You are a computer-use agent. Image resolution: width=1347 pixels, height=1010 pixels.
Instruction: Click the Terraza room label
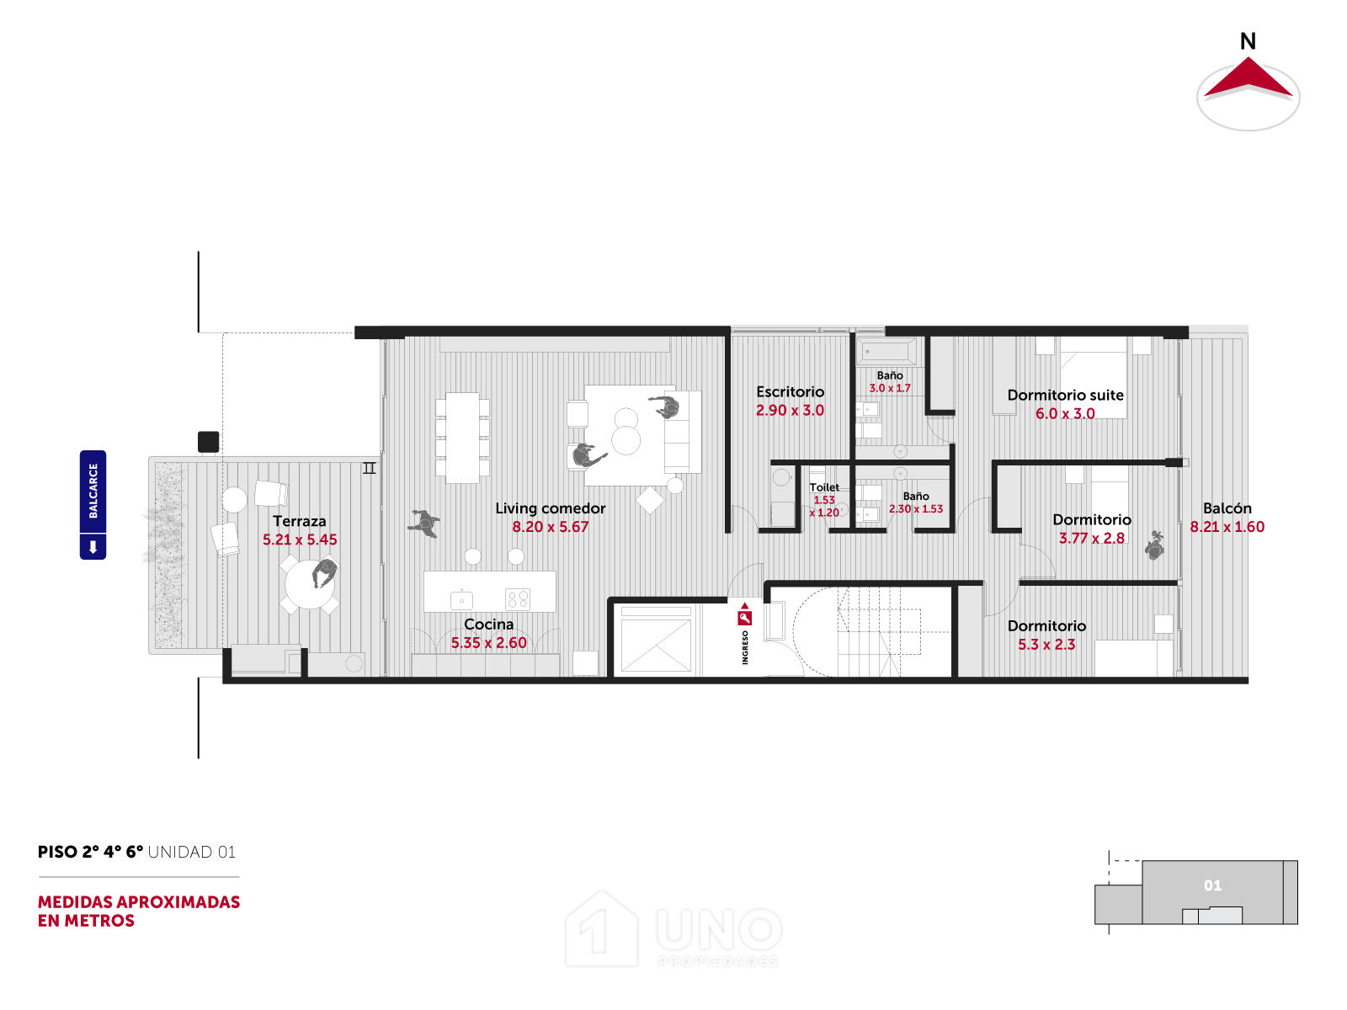[299, 521]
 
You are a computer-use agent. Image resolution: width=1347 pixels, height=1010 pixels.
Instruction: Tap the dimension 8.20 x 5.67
[550, 526]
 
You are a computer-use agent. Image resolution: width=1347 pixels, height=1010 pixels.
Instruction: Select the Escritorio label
[790, 391]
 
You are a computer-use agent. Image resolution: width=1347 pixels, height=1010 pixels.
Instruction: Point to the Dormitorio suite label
[1065, 395]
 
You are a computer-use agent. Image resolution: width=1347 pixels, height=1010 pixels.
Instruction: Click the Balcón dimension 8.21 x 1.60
[1227, 526]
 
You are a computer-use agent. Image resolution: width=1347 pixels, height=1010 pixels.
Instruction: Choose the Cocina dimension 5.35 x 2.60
[488, 643]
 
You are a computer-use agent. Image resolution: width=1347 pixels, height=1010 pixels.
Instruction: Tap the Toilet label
[823, 487]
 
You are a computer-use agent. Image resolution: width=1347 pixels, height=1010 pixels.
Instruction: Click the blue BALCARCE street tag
[93, 505]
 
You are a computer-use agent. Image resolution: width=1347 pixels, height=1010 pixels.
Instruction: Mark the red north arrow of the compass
[1248, 78]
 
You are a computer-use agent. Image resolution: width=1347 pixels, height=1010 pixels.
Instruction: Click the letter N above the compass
[1248, 41]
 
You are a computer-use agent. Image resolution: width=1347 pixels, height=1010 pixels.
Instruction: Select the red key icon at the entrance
[744, 616]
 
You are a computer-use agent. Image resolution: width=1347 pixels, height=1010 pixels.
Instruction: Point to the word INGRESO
[745, 647]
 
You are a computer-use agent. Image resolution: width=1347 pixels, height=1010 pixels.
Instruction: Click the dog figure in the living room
[424, 523]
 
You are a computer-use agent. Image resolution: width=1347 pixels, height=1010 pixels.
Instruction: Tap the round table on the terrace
[310, 584]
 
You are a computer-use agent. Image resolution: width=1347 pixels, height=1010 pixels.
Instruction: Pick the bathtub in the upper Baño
[886, 352]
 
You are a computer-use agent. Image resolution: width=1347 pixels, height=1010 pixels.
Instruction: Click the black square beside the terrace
[208, 442]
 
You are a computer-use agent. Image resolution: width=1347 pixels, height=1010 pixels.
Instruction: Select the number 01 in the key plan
[1212, 885]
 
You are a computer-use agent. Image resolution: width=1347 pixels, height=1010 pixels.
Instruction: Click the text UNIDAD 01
[191, 852]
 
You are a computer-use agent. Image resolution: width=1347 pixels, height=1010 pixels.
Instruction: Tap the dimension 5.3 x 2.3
[1046, 644]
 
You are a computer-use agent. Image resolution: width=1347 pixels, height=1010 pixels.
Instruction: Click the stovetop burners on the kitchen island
[517, 598]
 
